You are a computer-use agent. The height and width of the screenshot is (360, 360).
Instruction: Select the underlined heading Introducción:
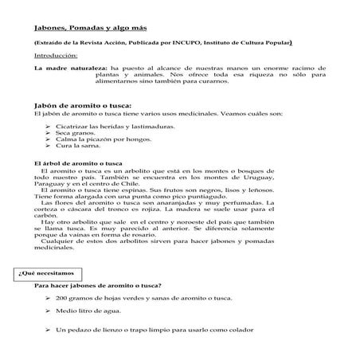pyautogui.click(x=56, y=56)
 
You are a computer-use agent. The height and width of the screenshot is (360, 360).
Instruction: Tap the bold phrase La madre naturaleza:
pyautogui.click(x=69, y=69)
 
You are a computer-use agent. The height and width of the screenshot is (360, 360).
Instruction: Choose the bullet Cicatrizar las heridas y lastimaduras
pyautogui.click(x=112, y=126)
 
